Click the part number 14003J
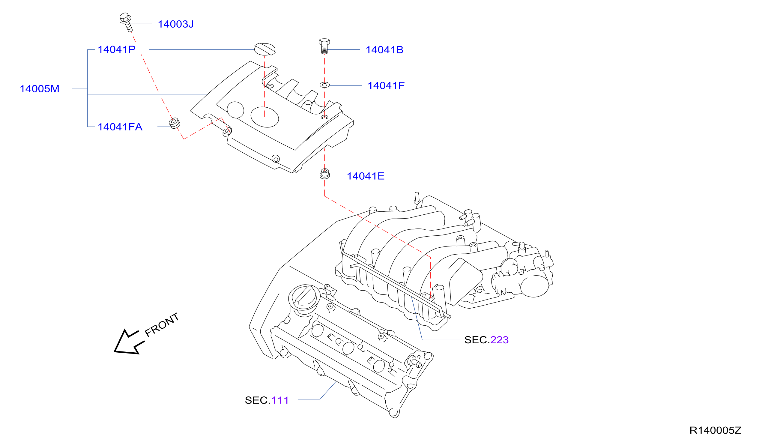coord(176,24)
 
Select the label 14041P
coord(116,49)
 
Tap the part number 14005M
coord(39,89)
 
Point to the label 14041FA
coord(120,127)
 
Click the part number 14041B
coord(384,50)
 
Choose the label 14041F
coord(386,85)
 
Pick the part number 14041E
coord(366,176)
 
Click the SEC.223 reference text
coord(486,340)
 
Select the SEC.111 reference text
coord(267,400)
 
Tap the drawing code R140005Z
coord(716,430)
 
